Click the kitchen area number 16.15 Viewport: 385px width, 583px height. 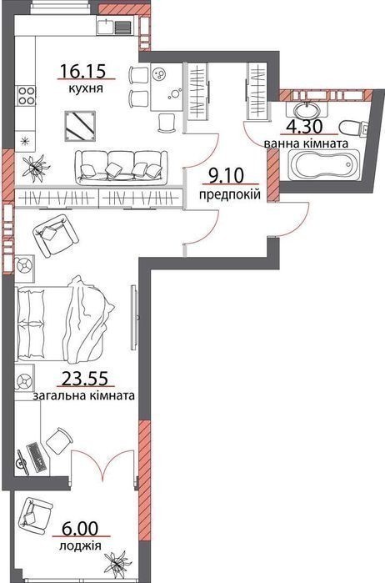(83, 71)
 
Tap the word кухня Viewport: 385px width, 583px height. (86, 89)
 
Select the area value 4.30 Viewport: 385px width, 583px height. (304, 127)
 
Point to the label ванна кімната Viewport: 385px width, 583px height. (306, 143)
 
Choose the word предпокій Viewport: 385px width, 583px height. (230, 194)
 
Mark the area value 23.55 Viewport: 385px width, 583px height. (85, 378)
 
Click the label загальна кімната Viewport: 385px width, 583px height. (84, 395)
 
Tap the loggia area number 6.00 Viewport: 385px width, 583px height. (81, 528)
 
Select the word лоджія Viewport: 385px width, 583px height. (80, 545)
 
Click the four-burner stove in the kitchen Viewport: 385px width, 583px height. (25, 95)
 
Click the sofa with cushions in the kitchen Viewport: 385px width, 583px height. (120, 168)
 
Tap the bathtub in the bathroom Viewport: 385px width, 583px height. (323, 166)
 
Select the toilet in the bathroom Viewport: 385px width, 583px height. (353, 128)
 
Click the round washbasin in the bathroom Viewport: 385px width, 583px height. (307, 109)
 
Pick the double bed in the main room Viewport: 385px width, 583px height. (64, 319)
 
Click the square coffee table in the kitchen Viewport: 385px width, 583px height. (79, 126)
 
